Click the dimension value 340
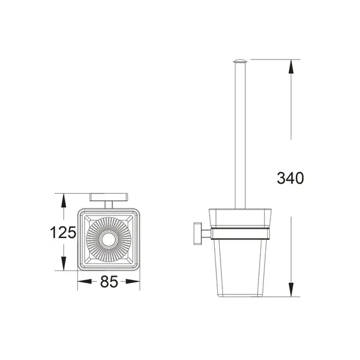290,178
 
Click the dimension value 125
64,232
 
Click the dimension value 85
109,282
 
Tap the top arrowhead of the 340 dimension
291,64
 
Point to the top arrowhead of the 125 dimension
63,198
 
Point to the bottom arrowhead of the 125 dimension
63,266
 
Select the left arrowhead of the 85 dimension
81,282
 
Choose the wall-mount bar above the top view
108,196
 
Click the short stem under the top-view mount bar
108,203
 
